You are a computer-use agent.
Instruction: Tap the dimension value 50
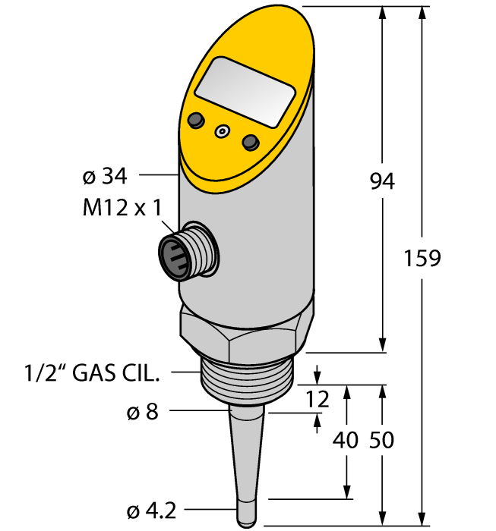[x=381, y=440]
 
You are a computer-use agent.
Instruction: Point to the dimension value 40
[x=346, y=440]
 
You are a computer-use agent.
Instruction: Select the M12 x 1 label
[x=122, y=208]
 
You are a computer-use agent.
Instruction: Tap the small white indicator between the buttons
[x=222, y=131]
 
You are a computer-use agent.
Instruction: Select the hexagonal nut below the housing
[x=245, y=328]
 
